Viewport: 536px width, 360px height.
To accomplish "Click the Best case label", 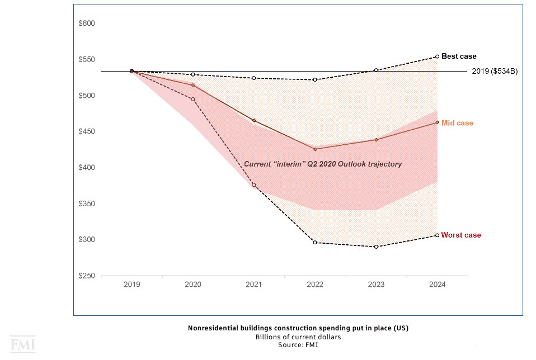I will (x=459, y=56).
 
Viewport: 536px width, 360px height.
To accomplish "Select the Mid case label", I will (x=457, y=123).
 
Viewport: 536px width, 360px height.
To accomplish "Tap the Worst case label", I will (x=460, y=235).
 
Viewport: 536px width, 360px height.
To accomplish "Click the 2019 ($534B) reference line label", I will (x=495, y=72).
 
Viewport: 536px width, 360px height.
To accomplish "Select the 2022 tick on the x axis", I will (x=315, y=285).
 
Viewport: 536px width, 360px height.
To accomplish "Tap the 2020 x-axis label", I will (x=193, y=285).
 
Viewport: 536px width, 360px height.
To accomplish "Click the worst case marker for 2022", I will (x=315, y=243).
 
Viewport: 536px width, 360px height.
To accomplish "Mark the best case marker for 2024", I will (x=437, y=56).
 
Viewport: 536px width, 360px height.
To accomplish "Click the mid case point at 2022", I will (x=315, y=149).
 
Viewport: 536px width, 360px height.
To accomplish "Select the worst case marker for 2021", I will (x=254, y=185).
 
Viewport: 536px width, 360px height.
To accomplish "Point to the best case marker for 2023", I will (x=376, y=70).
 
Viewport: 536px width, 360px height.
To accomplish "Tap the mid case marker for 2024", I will (x=437, y=122).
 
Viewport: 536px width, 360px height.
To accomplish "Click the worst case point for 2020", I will (x=193, y=100).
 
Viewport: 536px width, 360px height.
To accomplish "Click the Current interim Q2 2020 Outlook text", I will (x=323, y=164).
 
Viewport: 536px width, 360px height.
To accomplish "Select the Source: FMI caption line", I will (x=298, y=345).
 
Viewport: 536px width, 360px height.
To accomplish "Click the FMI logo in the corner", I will (x=22, y=344).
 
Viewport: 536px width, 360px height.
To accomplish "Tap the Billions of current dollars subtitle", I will (x=298, y=337).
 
